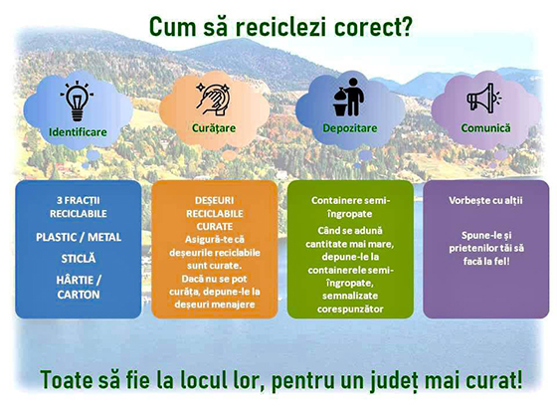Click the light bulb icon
pyautogui.click(x=78, y=102)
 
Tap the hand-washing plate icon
pyautogui.click(x=214, y=100)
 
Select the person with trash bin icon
pyautogui.click(x=349, y=98)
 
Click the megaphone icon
pyautogui.click(x=483, y=99)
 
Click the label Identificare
pyautogui.click(x=78, y=132)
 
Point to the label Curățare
pyautogui.click(x=214, y=128)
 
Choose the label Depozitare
pyautogui.click(x=350, y=128)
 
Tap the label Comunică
pyautogui.click(x=485, y=128)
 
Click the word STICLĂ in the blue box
pyautogui.click(x=79, y=259)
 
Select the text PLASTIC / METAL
pyautogui.click(x=79, y=237)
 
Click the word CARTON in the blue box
pyautogui.click(x=79, y=295)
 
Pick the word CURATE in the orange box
pyautogui.click(x=215, y=227)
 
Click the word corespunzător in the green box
pyautogui.click(x=350, y=310)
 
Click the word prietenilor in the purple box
pyautogui.click(x=473, y=248)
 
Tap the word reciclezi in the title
pyautogui.click(x=280, y=27)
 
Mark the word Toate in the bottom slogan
pyautogui.click(x=63, y=379)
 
